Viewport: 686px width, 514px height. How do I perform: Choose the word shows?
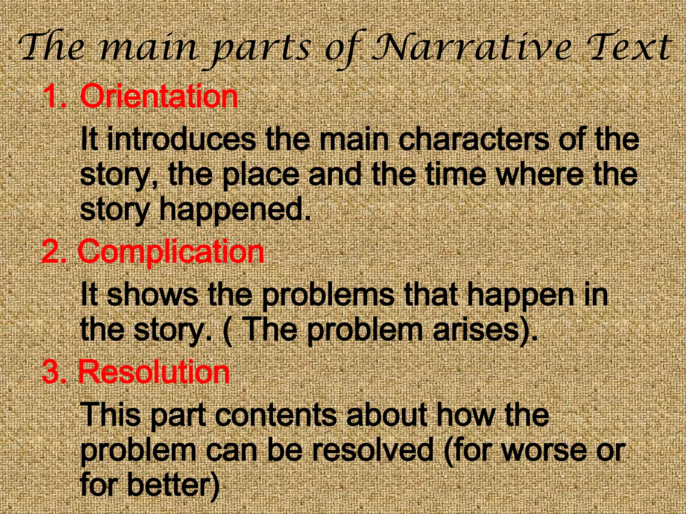pos(153,294)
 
